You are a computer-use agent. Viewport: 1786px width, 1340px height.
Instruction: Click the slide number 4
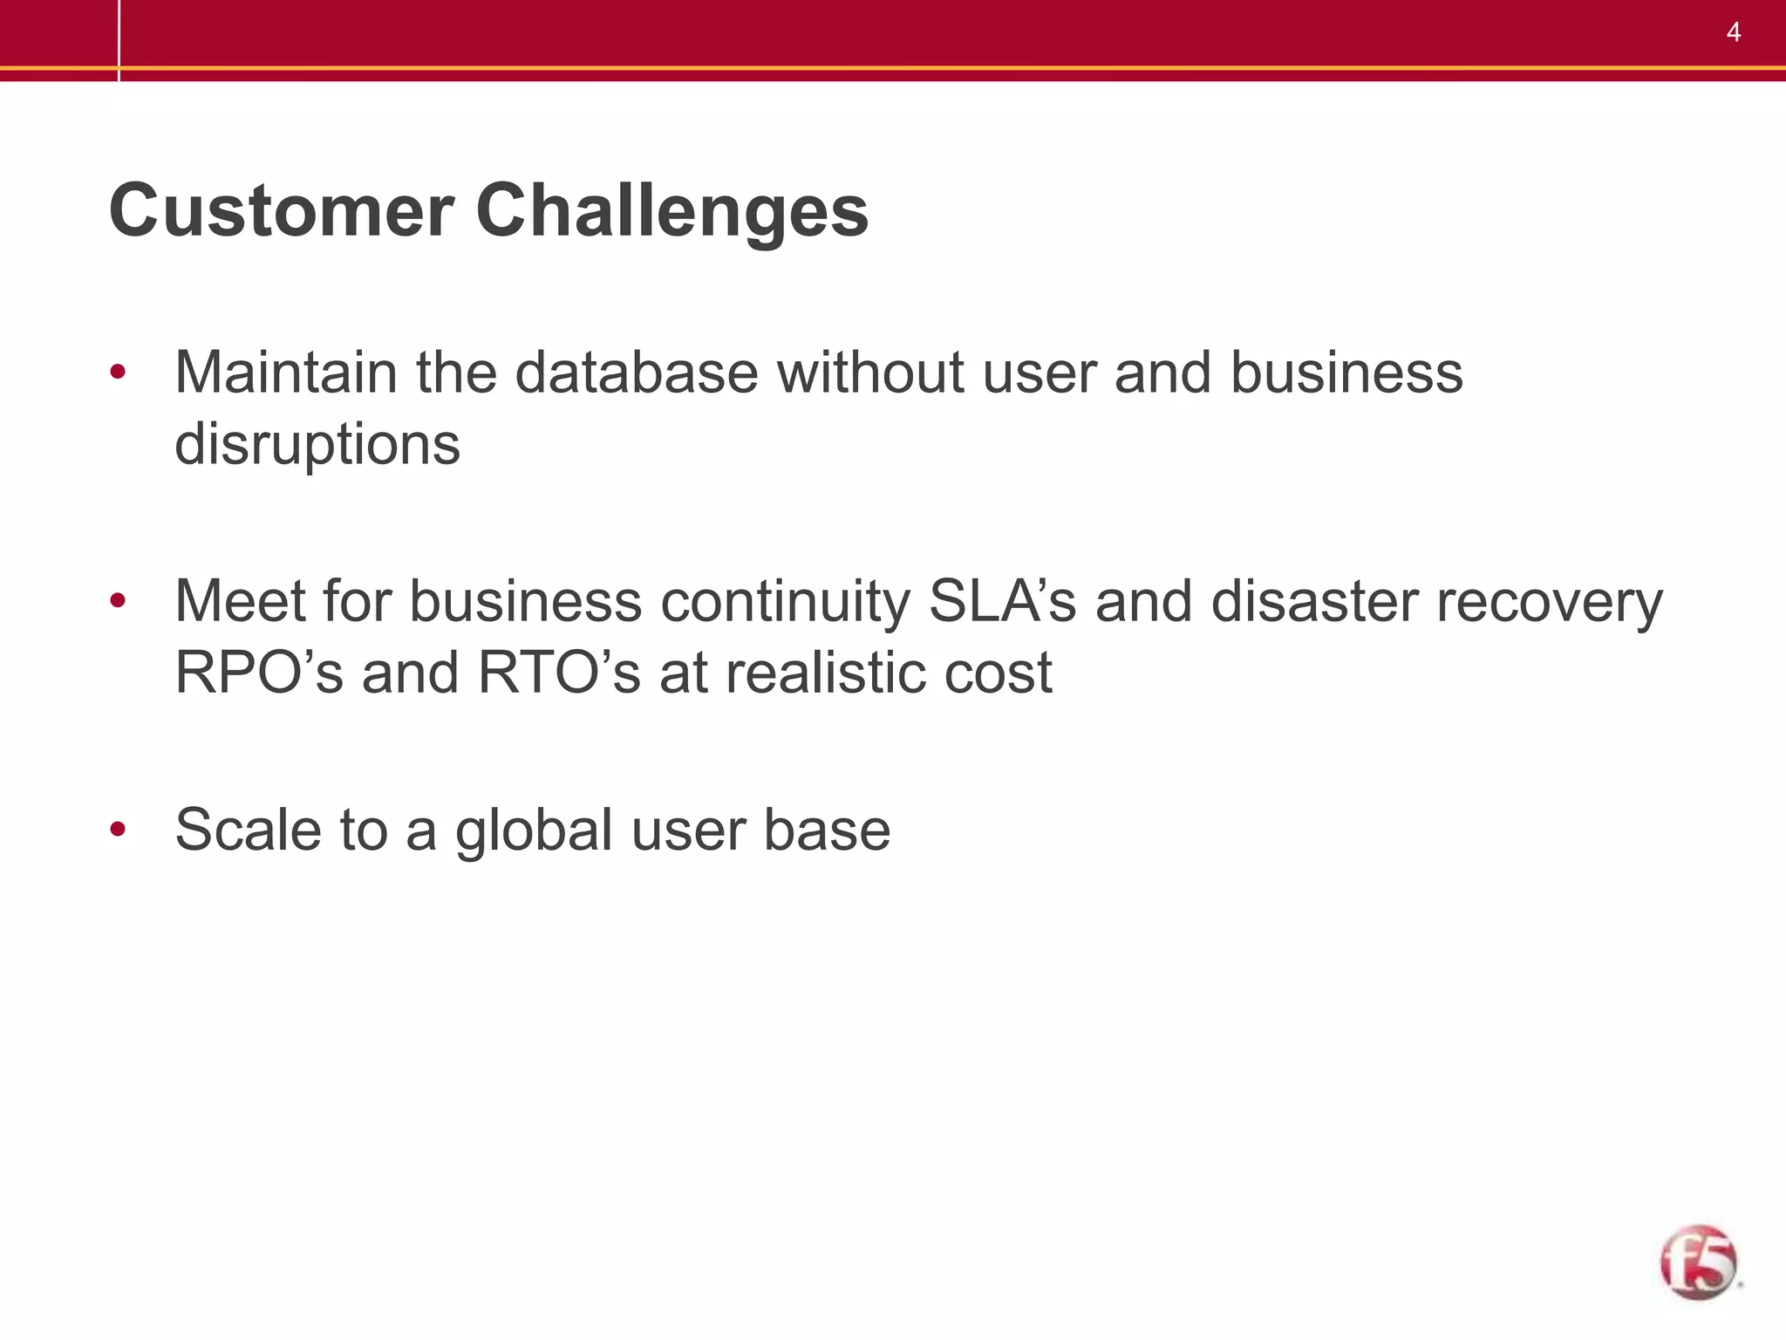click(1733, 32)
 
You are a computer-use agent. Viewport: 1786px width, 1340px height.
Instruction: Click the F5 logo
click(1698, 1262)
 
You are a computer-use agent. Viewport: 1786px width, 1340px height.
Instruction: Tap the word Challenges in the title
click(671, 212)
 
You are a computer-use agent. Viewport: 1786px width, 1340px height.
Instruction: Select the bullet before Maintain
click(118, 373)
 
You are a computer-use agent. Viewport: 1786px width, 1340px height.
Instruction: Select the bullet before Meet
click(118, 601)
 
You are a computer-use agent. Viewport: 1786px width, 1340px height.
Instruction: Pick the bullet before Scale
click(118, 829)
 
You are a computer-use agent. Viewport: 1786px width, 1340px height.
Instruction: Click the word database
click(637, 373)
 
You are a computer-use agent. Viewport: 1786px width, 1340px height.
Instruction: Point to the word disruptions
click(317, 445)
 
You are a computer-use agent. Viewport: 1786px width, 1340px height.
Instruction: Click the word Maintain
click(286, 373)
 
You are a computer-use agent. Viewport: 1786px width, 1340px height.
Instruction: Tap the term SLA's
click(1003, 601)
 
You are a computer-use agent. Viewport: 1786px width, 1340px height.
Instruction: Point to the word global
click(534, 831)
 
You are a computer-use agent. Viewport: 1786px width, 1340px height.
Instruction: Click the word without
click(870, 373)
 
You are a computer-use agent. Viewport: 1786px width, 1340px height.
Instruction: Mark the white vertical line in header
click(119, 40)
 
